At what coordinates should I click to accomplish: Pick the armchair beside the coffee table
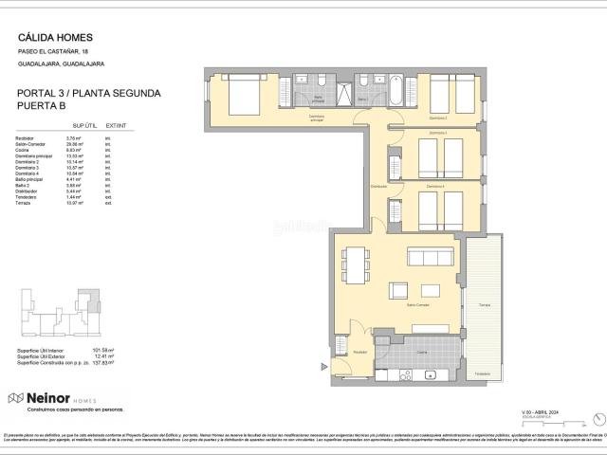click(399, 291)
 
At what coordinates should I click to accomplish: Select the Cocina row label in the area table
click(22, 150)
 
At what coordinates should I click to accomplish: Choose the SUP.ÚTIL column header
click(85, 125)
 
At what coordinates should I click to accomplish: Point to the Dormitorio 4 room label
click(434, 186)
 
